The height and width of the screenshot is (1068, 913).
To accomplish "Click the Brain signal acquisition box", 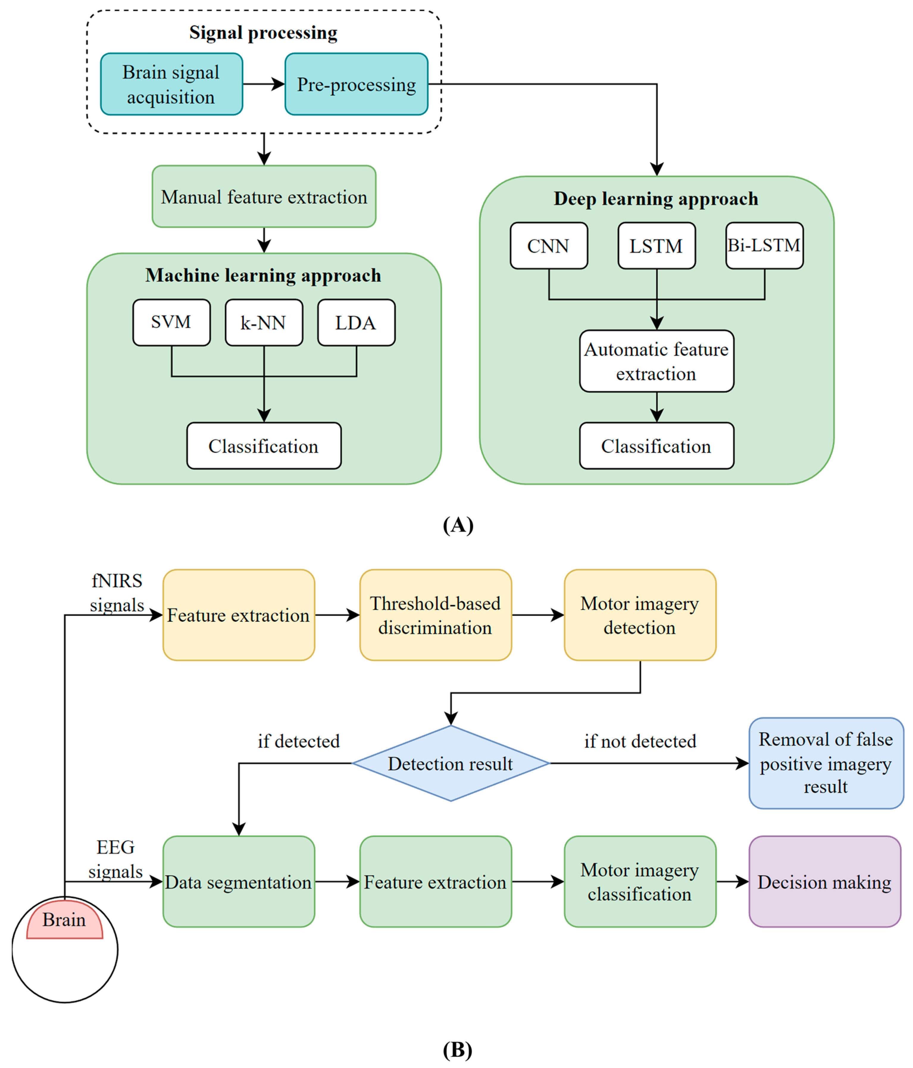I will pyautogui.click(x=171, y=84).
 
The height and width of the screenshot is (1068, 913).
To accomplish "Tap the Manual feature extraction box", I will pyautogui.click(x=264, y=196).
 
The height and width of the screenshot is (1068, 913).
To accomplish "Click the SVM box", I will pyautogui.click(x=171, y=322).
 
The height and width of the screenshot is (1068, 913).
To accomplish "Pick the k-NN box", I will pyautogui.click(x=264, y=322).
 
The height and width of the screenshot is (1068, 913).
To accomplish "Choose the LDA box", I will pyautogui.click(x=356, y=322).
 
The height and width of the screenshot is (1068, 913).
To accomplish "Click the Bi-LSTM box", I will pyautogui.click(x=764, y=245).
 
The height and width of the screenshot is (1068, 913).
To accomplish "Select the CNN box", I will pyautogui.click(x=548, y=245).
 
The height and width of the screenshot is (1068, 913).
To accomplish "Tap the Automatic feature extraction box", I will pyautogui.click(x=656, y=361).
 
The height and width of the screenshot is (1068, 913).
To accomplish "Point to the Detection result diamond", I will pyautogui.click(x=450, y=763).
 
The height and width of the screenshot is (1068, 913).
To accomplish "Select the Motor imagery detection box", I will pyautogui.click(x=640, y=615).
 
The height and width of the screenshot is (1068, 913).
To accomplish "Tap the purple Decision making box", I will pyautogui.click(x=824, y=882).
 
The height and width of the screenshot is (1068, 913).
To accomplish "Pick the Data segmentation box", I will pyautogui.click(x=238, y=882).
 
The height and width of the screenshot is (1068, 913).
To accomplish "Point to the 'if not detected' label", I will pyautogui.click(x=640, y=741).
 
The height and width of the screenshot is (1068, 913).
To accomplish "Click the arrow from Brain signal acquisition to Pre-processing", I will pyautogui.click(x=263, y=84).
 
